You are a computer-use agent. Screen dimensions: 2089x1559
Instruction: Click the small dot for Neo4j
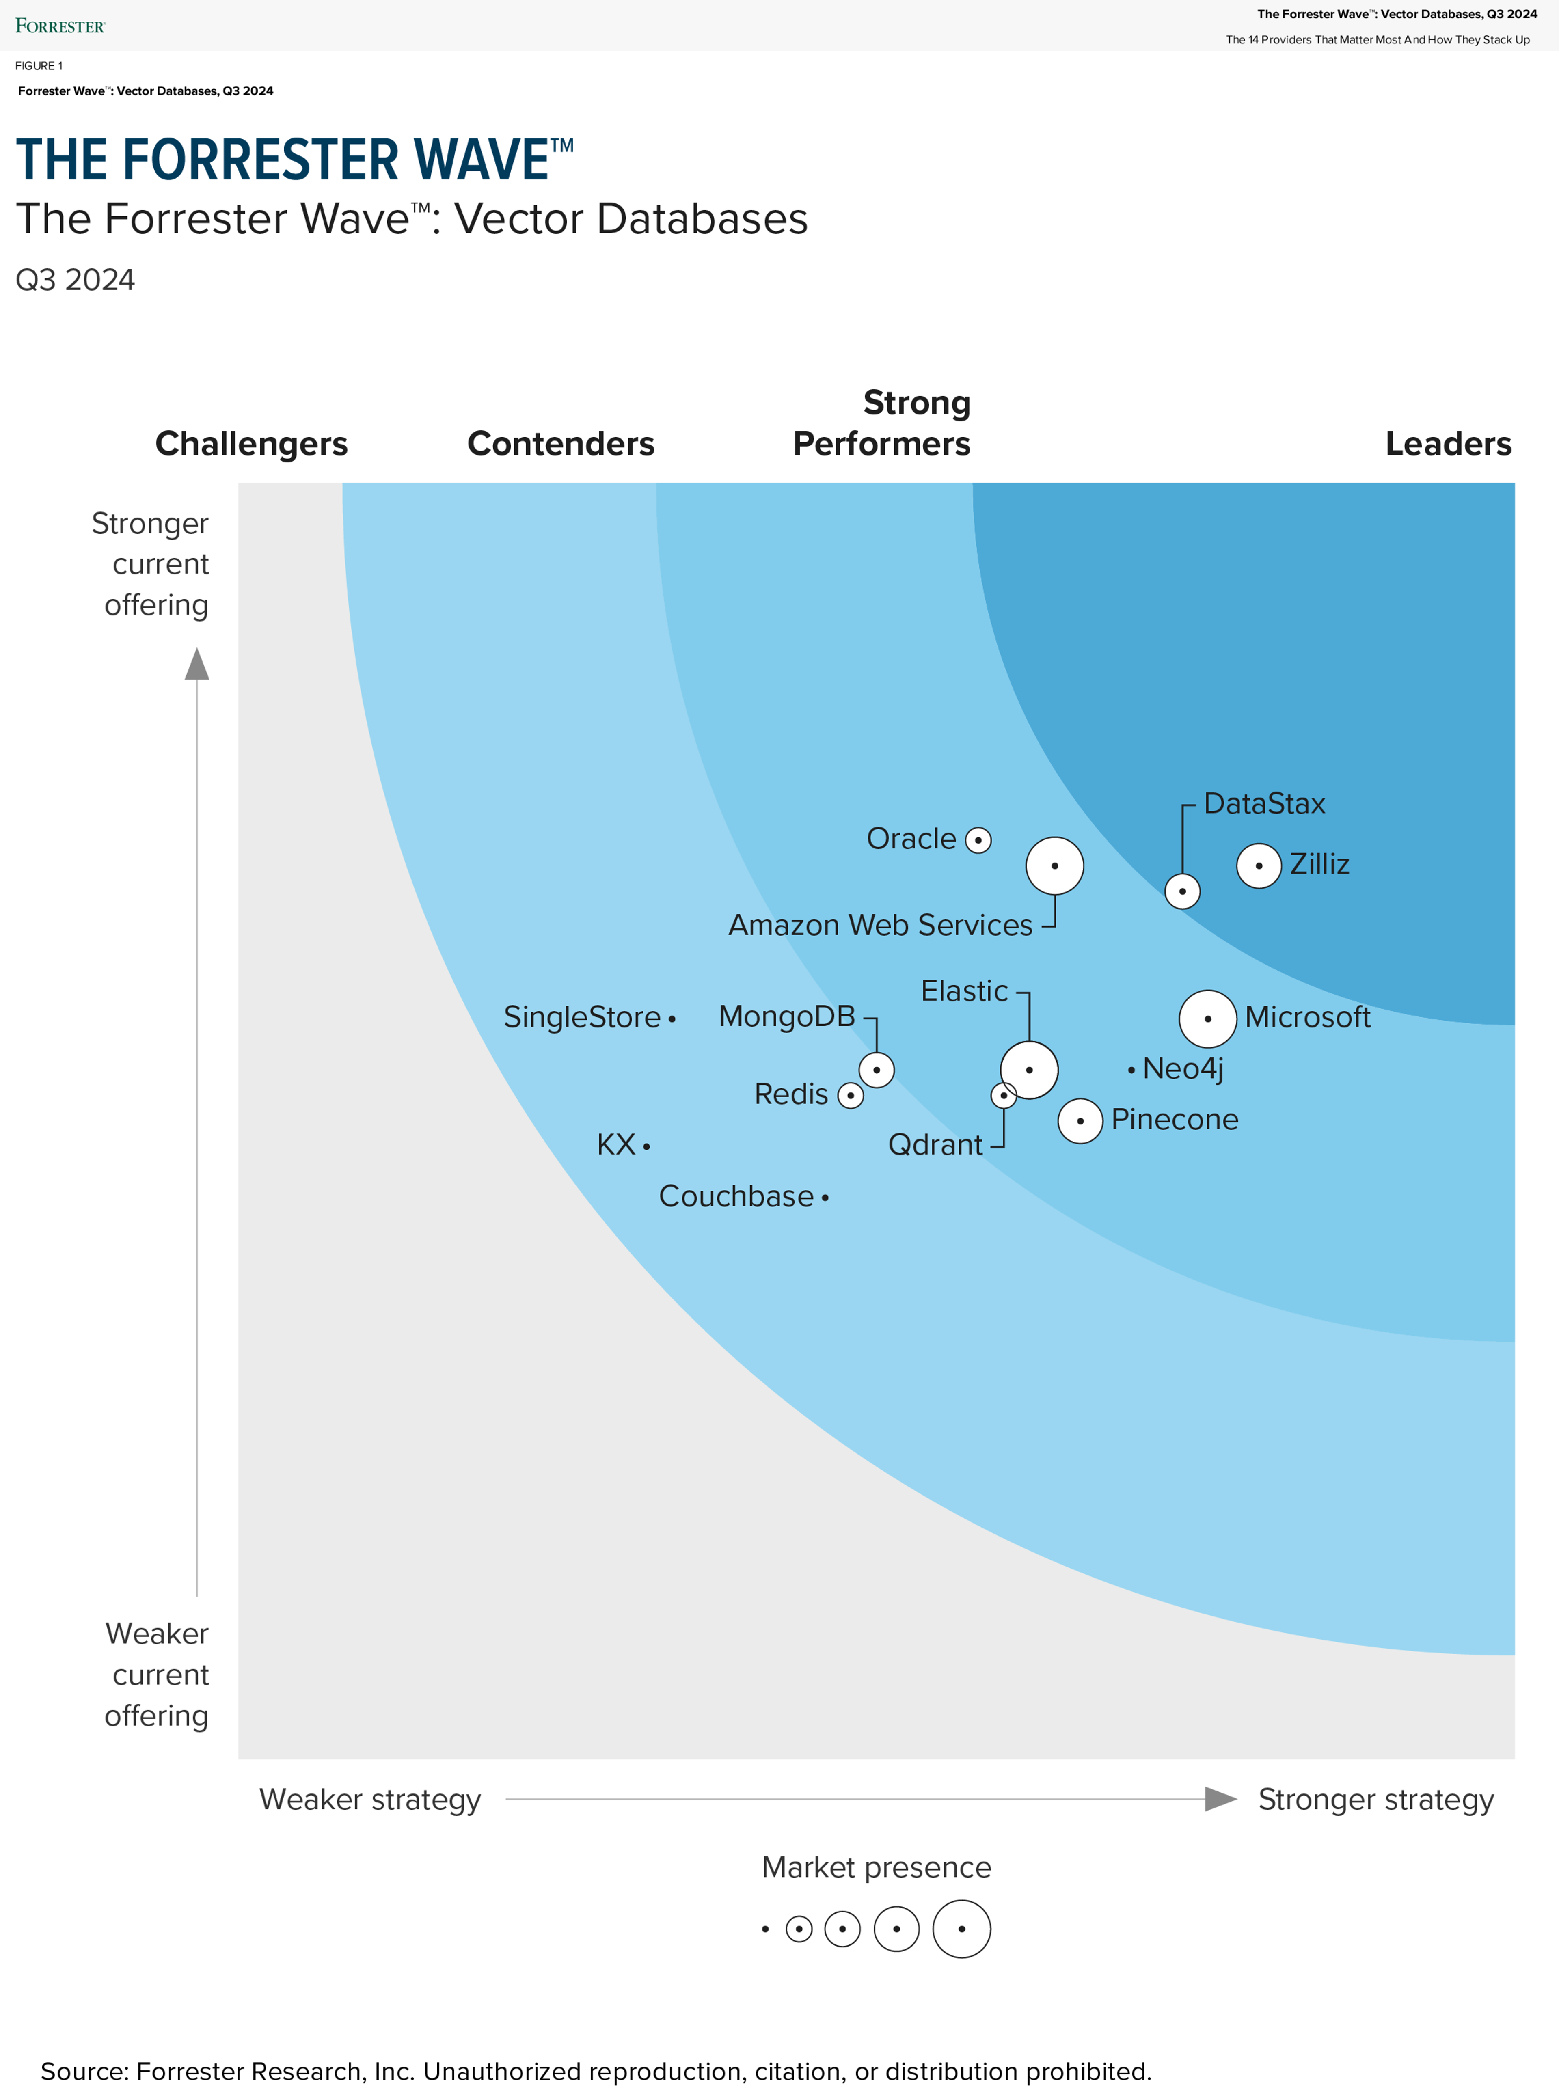click(x=1131, y=1070)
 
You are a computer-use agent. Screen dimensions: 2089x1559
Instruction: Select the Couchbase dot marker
click(x=825, y=1198)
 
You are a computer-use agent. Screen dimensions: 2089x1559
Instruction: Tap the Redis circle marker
click(x=850, y=1096)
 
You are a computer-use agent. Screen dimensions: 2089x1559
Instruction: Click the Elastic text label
click(x=963, y=991)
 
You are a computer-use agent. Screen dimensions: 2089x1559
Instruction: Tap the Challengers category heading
click(x=251, y=443)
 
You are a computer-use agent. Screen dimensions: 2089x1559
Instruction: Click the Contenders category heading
click(x=561, y=443)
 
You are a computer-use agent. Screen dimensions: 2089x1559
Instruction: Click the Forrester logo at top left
click(x=60, y=26)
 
